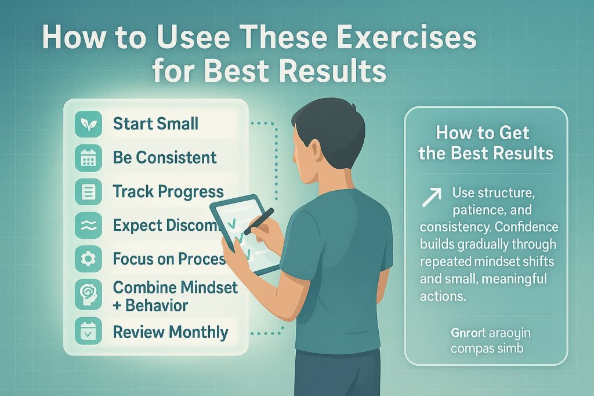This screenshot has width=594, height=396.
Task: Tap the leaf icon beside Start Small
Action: [x=89, y=123]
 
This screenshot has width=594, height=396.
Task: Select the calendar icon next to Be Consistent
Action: [x=89, y=158]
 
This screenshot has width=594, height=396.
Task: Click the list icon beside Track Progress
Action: [x=89, y=192]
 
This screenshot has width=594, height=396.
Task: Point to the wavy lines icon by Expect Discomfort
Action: [x=89, y=226]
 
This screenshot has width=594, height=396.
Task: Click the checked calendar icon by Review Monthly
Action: [x=89, y=332]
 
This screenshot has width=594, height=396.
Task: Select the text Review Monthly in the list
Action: [x=171, y=332]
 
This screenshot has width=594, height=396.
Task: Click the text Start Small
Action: [x=155, y=123]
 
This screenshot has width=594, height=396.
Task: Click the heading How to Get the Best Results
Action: [x=486, y=143]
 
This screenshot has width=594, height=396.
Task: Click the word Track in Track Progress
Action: [x=131, y=192]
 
